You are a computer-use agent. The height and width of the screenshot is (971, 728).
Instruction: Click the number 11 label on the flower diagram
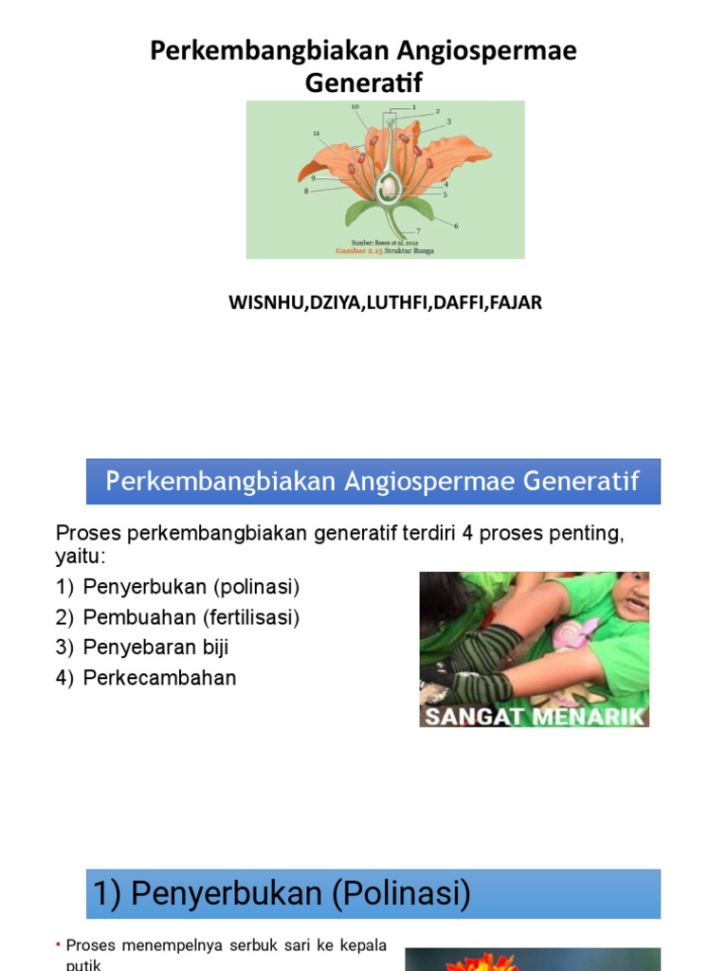pyautogui.click(x=316, y=133)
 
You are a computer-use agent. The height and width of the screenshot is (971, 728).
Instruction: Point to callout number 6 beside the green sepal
pyautogui.click(x=456, y=226)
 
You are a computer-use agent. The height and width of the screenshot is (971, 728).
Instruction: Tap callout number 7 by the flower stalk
pyautogui.click(x=418, y=231)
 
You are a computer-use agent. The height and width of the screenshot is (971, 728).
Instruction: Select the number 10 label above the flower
pyautogui.click(x=355, y=107)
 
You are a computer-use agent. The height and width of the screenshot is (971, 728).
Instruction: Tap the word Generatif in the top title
pyautogui.click(x=364, y=83)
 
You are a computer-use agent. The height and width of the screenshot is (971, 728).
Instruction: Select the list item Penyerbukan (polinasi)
pyautogui.click(x=191, y=587)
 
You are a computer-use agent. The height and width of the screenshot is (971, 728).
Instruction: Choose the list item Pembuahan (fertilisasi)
pyautogui.click(x=191, y=617)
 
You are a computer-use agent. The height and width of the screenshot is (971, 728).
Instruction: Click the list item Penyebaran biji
pyautogui.click(x=156, y=648)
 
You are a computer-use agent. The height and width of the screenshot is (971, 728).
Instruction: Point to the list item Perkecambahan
pyautogui.click(x=160, y=678)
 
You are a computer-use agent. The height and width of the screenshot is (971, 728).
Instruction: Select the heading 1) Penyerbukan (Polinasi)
pyautogui.click(x=282, y=894)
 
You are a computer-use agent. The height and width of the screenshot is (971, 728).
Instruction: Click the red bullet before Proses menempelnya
pyautogui.click(x=59, y=945)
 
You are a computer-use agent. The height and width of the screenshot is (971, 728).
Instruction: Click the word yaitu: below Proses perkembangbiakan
pyautogui.click(x=82, y=555)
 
